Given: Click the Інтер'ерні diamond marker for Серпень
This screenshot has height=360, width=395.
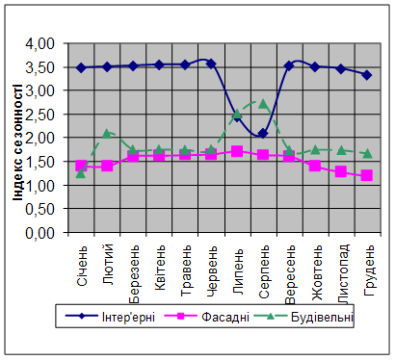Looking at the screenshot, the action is [263, 133].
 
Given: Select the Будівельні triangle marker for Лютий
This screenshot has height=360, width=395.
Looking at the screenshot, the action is [107, 134].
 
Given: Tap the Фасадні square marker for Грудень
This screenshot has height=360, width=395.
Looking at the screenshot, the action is [367, 175].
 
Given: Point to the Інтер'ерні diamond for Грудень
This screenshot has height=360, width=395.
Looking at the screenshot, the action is [367, 75].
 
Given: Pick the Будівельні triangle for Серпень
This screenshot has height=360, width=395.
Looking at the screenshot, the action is [263, 104].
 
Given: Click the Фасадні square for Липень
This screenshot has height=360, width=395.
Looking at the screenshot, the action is [237, 151].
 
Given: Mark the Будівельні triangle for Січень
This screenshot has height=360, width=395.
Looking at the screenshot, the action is [81, 173].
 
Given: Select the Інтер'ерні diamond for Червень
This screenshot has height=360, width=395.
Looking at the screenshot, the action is [211, 64].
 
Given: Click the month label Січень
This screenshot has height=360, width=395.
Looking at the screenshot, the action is [82, 267].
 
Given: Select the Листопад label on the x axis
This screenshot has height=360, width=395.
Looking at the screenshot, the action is [342, 274].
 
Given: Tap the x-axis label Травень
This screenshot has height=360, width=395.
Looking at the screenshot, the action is [186, 271].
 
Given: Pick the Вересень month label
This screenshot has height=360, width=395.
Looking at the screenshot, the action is [290, 275].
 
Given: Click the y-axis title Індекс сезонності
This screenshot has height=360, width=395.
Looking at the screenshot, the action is [17, 142].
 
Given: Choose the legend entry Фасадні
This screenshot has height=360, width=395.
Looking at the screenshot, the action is [207, 317].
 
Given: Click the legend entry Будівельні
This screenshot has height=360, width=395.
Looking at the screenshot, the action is [303, 317].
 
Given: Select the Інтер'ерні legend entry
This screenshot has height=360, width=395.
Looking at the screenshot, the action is [110, 317].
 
